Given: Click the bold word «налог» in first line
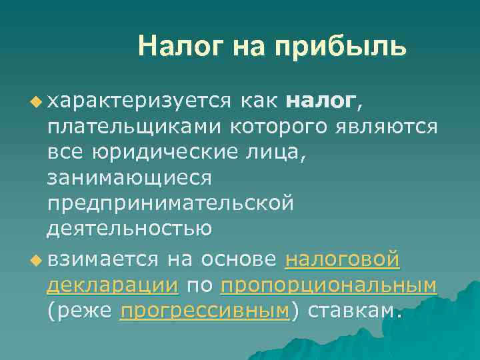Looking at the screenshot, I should [321, 101].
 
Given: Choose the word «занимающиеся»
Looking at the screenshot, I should [129, 177].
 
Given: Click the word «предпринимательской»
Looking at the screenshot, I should [170, 203].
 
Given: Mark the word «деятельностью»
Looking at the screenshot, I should [129, 228].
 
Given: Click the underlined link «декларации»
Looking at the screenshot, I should [113, 285].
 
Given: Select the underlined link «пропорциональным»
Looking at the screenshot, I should [328, 285].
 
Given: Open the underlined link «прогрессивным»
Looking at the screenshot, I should [204, 311].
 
